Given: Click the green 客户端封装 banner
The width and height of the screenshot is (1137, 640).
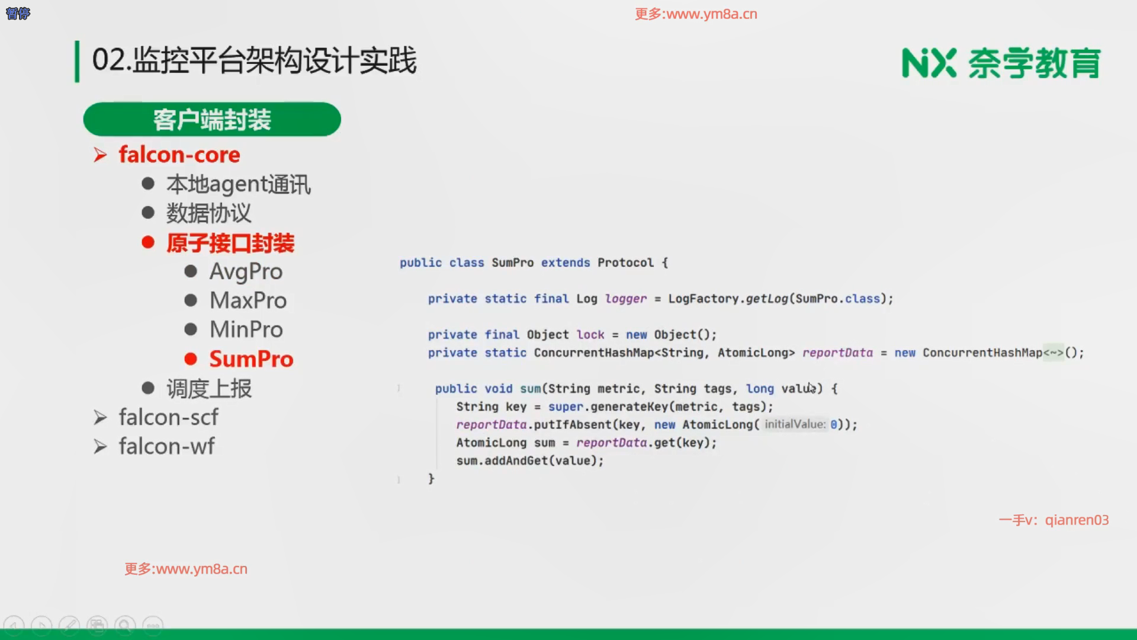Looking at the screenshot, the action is click(x=212, y=119).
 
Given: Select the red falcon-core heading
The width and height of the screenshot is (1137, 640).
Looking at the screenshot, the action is click(x=179, y=155).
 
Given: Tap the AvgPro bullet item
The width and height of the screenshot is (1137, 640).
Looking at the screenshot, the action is click(x=246, y=271).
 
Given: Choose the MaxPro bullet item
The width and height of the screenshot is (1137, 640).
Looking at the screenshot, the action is click(x=248, y=300).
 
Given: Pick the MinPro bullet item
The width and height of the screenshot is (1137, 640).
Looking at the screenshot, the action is click(x=246, y=329).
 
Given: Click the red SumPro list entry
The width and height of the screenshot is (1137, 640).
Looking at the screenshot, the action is click(x=251, y=359).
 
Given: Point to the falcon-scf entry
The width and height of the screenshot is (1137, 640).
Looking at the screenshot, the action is click(x=168, y=417).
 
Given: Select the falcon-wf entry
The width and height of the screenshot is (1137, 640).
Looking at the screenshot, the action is click(x=166, y=446).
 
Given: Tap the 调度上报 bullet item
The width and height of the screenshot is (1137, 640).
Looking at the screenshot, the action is click(x=209, y=389).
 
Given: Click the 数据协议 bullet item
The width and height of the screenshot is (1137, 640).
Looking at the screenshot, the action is click(x=208, y=213).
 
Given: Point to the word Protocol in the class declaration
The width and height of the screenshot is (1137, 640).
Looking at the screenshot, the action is click(x=625, y=263).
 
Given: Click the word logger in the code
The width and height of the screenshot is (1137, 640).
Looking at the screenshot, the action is click(x=626, y=299).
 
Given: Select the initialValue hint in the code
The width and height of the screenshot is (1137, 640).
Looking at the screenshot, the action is click(x=795, y=424).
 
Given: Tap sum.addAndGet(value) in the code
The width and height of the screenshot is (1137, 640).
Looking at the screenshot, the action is click(x=529, y=460).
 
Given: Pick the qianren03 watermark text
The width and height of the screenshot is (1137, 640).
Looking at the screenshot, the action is click(x=1077, y=520).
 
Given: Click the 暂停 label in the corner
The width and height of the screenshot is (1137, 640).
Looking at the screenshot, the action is click(x=18, y=13).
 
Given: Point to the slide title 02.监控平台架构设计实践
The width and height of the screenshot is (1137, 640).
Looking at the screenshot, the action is click(x=255, y=60).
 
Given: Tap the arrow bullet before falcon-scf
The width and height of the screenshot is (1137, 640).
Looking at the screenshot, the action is click(x=100, y=418).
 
